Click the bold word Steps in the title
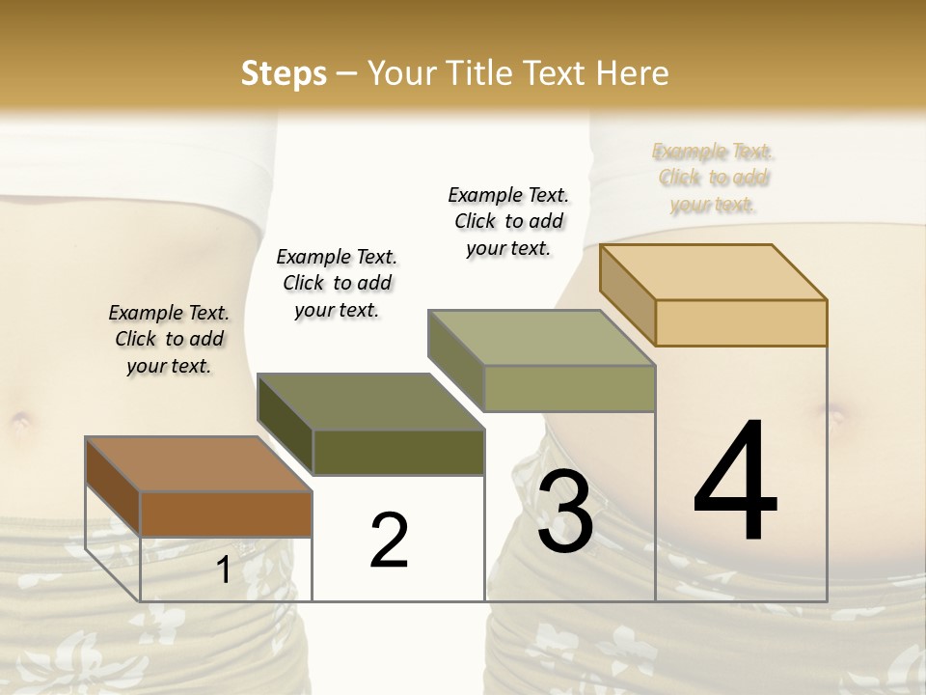point(284,73)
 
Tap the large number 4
point(735,483)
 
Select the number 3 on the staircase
point(565,512)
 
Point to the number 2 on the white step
point(390,541)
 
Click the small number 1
point(224,570)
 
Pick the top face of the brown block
point(199,464)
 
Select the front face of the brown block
point(227,514)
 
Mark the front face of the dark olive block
point(398,452)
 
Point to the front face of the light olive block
point(569,388)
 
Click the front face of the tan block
point(741,322)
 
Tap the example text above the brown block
point(169,339)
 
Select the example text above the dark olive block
point(337,283)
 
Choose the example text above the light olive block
point(508,221)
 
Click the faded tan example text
point(713,178)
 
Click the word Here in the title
point(637,73)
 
